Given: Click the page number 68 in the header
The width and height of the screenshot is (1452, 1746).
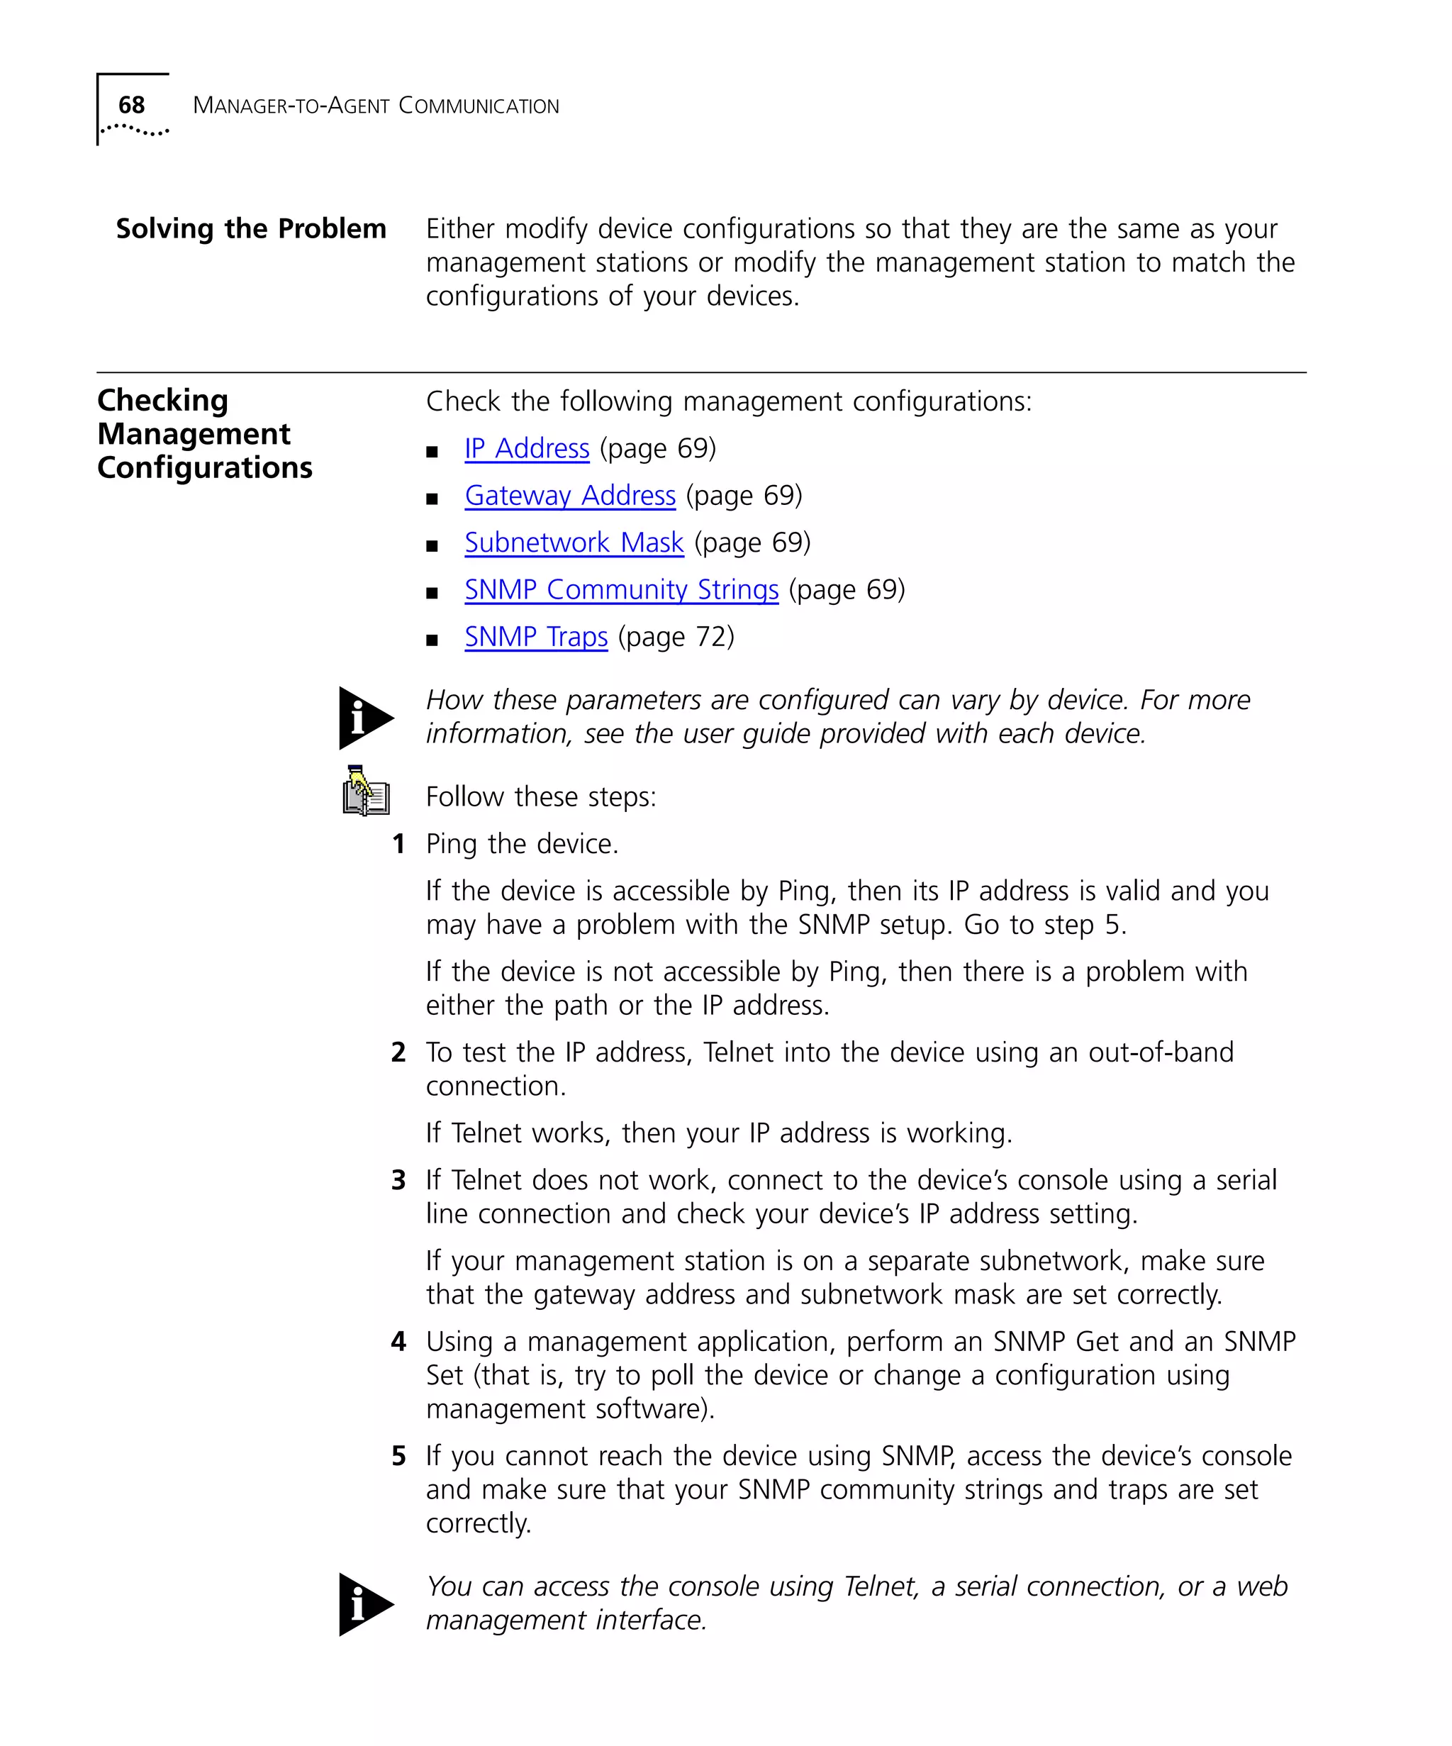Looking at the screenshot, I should point(131,105).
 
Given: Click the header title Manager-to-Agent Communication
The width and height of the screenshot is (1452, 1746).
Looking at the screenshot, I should point(376,106).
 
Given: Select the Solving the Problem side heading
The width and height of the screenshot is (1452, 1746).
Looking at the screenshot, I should point(251,228).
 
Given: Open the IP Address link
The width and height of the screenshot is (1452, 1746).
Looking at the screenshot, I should point(527,449).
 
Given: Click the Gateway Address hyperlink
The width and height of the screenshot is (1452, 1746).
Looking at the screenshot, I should point(570,496).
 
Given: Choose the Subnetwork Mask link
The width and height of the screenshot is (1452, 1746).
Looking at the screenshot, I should point(574,543).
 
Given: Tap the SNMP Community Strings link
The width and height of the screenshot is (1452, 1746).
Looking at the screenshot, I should point(621,590).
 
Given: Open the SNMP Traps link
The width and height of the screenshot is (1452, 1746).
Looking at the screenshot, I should point(536,638).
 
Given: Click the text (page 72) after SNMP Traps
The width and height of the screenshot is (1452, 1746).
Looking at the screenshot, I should point(676,638).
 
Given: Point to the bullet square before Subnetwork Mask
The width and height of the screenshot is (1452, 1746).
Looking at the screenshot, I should point(431,546).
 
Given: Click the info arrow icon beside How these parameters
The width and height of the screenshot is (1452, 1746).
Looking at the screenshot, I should point(364,718).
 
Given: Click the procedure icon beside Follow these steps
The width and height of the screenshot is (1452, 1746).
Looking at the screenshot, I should point(366,791).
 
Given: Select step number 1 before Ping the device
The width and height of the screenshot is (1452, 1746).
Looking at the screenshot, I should point(399,845).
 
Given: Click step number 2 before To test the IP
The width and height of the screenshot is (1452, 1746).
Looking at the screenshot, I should point(399,1052).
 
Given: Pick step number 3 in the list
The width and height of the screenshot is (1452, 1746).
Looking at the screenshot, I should point(399,1181).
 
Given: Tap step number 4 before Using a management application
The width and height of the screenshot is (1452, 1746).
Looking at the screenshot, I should point(399,1342).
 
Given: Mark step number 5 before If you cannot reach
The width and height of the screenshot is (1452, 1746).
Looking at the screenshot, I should point(399,1456).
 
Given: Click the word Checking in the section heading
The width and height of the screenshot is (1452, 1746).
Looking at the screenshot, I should point(163,401).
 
